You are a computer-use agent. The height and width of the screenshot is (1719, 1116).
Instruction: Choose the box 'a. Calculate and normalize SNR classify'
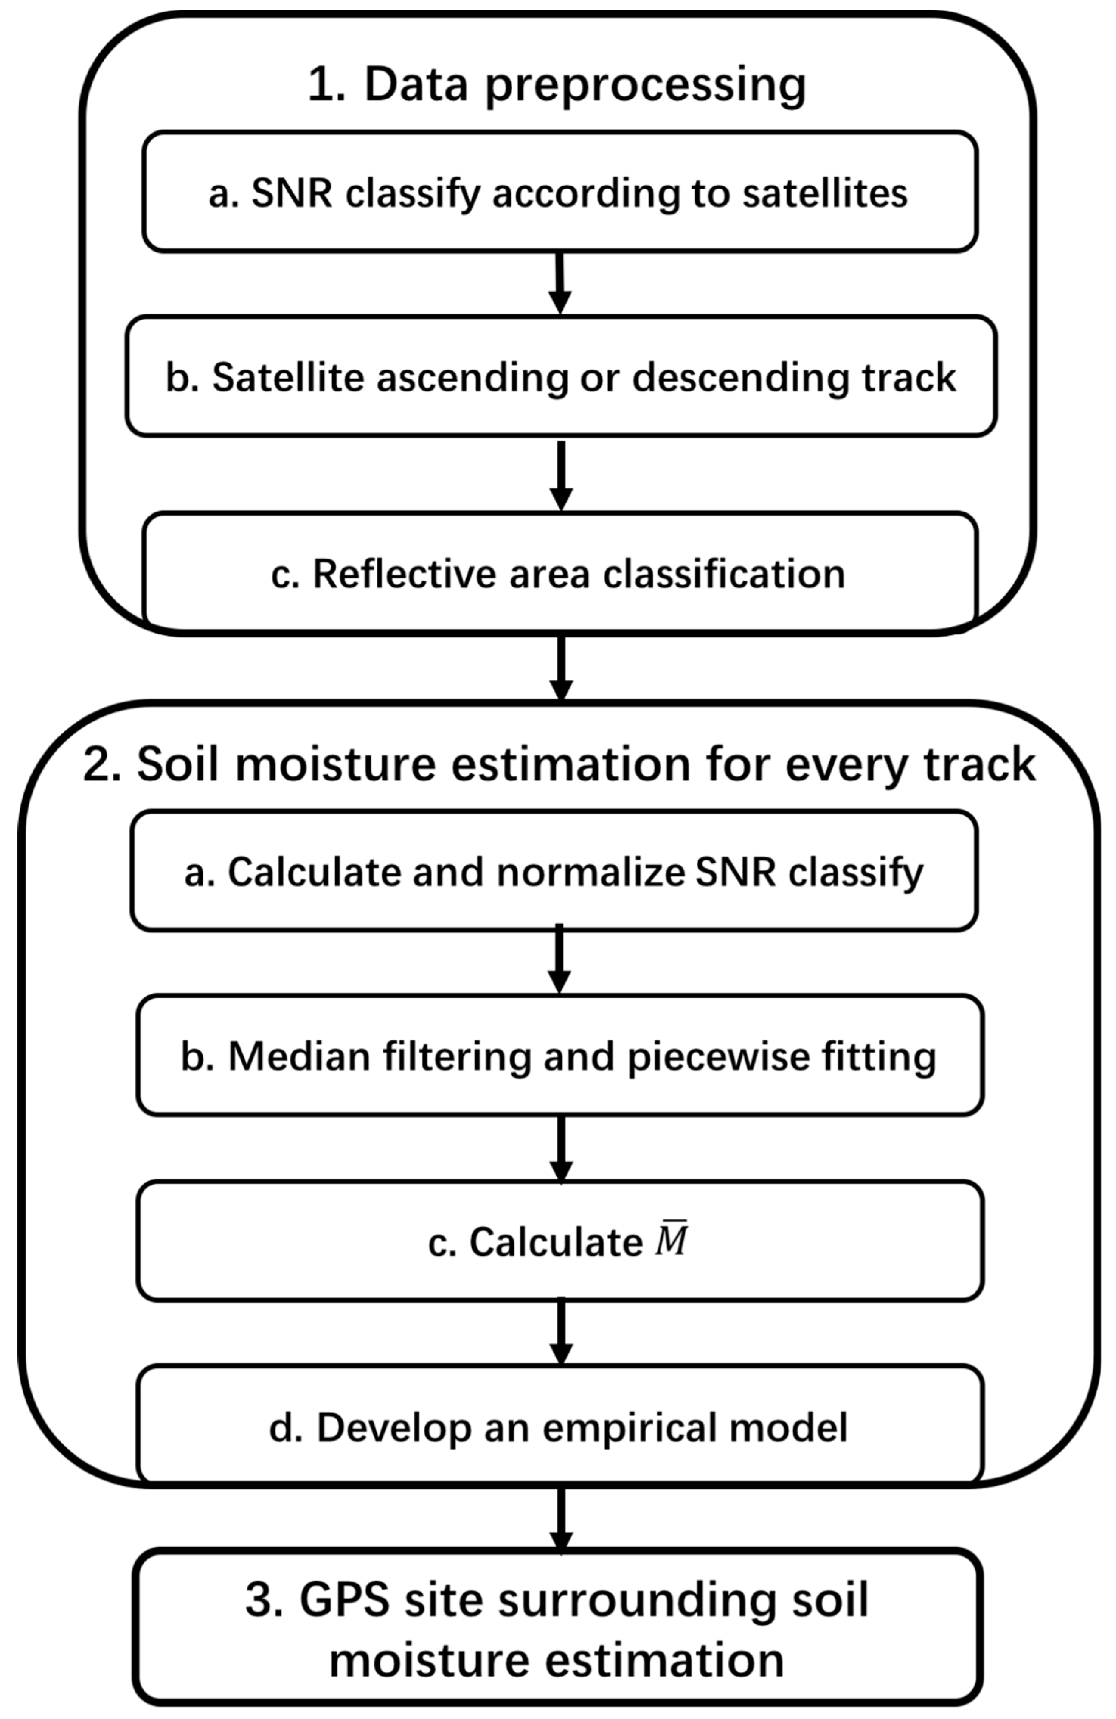tap(554, 872)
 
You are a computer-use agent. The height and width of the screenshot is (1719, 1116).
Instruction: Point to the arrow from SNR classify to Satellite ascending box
tap(560, 283)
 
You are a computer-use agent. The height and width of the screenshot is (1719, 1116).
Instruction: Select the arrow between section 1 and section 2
tap(561, 668)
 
